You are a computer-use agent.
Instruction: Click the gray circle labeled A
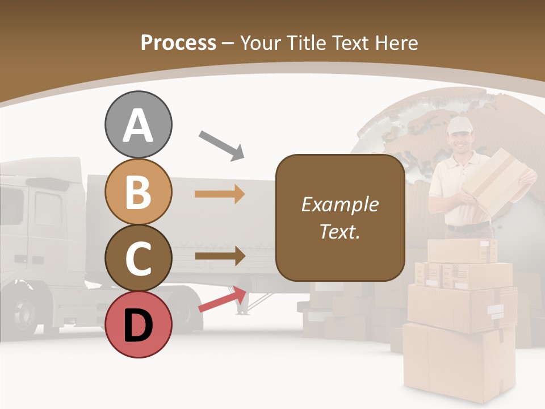tap(138, 124)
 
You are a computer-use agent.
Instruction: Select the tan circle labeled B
tap(138, 191)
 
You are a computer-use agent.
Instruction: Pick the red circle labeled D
tap(138, 324)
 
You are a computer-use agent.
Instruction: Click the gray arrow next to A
tap(221, 145)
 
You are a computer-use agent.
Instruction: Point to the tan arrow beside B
tap(220, 194)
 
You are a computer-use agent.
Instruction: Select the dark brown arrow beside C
tap(220, 256)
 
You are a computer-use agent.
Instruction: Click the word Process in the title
tap(178, 43)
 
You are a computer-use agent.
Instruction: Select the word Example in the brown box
tap(339, 204)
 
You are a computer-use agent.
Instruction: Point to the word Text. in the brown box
tap(339, 231)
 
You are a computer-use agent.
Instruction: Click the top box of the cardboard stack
tap(462, 251)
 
